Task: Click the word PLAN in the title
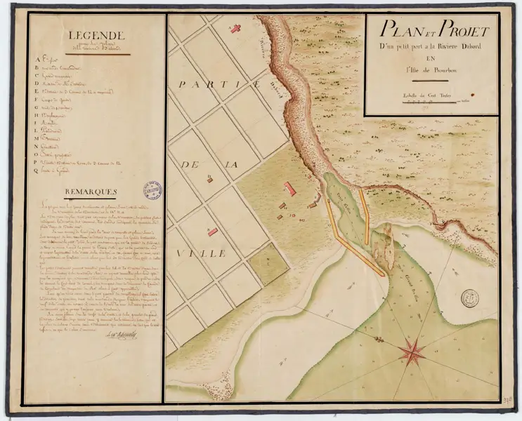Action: coord(398,31)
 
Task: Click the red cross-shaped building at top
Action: coord(237,27)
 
